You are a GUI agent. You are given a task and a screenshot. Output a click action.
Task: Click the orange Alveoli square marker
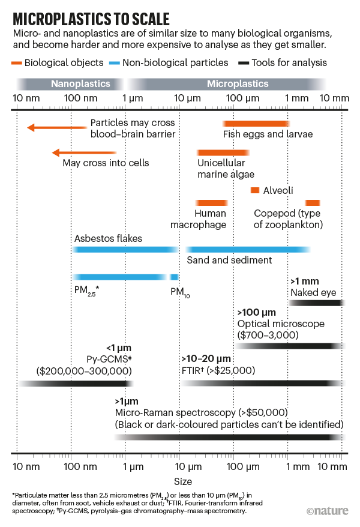(x=255, y=190)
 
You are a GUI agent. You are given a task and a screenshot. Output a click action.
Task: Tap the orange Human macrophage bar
(x=211, y=203)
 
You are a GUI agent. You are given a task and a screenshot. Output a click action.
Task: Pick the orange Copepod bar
(x=312, y=203)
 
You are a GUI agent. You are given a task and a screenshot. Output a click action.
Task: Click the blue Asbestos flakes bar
(x=125, y=249)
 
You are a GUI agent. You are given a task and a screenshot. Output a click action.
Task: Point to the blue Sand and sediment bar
(x=248, y=249)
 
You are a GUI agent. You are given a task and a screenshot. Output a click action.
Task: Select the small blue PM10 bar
(x=175, y=277)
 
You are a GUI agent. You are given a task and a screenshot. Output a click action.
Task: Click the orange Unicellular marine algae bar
(x=223, y=152)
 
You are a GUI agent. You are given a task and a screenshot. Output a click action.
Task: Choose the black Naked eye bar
(x=315, y=303)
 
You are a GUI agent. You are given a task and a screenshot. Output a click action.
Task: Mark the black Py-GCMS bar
(x=76, y=383)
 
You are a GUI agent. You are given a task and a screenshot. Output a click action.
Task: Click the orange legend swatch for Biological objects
(x=18, y=62)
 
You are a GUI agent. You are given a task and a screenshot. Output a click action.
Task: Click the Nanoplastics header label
(x=80, y=84)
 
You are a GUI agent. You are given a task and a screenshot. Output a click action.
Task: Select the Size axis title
(x=182, y=481)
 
